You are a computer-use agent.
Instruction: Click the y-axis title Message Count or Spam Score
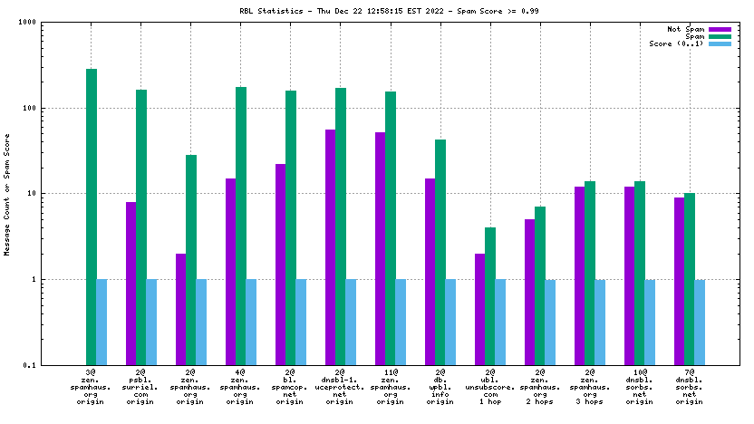8,194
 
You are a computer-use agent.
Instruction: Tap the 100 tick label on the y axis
39,108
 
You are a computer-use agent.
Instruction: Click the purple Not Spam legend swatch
720,30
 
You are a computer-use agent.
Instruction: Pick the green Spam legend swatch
720,37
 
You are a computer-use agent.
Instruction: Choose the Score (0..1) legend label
676,44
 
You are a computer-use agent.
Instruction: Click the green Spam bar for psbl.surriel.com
141,226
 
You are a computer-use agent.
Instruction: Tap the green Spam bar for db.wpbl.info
440,252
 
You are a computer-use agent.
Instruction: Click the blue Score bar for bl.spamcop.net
301,322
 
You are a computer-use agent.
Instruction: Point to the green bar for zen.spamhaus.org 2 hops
540,285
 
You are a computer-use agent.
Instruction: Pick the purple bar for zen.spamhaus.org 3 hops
579,275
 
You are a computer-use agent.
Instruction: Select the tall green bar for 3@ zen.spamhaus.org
92,217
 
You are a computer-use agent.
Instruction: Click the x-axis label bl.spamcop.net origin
290,387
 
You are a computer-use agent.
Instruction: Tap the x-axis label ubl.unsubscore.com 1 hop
489,387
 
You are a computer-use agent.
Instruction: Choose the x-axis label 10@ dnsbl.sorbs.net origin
639,387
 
